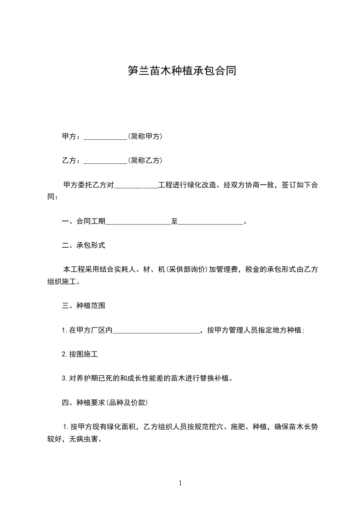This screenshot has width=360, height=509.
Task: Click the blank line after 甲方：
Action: click(105, 137)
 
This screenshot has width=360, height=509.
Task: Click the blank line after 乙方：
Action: click(105, 161)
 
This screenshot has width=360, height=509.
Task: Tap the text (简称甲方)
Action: click(145, 136)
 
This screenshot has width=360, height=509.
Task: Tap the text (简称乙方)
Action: click(145, 160)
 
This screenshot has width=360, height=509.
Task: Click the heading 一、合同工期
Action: click(84, 221)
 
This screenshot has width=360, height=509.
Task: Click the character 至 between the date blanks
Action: click(174, 221)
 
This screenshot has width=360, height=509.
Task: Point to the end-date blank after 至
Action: click(211, 222)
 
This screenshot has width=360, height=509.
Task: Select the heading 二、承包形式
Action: click(84, 245)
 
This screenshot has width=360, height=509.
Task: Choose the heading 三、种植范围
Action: click(84, 306)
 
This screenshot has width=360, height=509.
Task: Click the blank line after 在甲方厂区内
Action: click(156, 331)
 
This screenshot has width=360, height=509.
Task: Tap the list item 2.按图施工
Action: click(80, 354)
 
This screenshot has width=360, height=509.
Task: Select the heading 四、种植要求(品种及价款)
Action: click(104, 402)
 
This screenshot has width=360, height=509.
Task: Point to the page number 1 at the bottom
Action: click(180, 483)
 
